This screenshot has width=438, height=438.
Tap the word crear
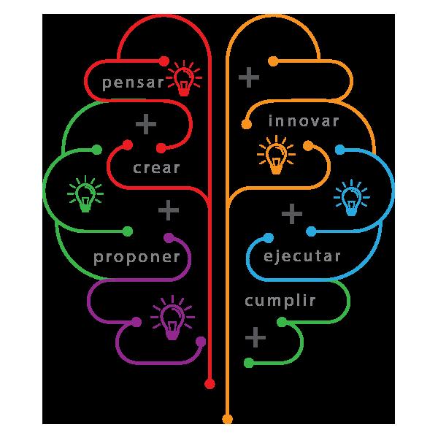[156, 168]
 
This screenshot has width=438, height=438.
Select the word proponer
[137, 258]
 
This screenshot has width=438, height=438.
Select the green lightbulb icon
[85, 195]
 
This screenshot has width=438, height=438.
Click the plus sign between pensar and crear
[146, 125]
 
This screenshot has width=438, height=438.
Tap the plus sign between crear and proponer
[169, 212]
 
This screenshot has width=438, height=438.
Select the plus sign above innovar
[249, 76]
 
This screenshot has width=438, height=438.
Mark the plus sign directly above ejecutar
[292, 214]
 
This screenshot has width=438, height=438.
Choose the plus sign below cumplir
[255, 337]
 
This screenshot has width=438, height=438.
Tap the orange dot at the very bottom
[227, 419]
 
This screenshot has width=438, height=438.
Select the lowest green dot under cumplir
[248, 363]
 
